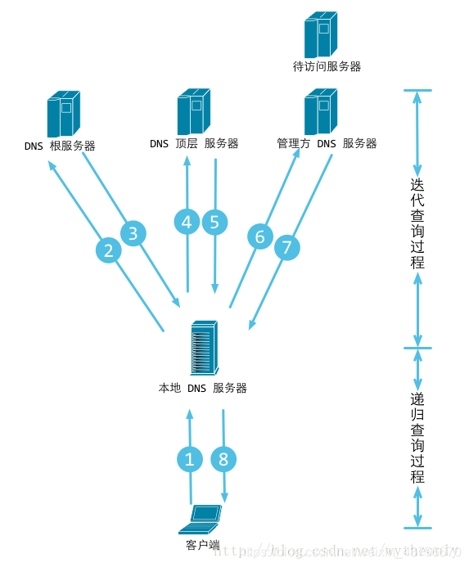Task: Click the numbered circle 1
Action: (x=189, y=460)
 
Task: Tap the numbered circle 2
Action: (x=107, y=249)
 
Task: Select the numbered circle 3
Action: (x=133, y=233)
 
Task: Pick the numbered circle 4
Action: (x=187, y=222)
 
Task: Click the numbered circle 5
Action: (x=214, y=222)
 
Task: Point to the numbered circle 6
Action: (x=260, y=237)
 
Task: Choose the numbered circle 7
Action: (x=286, y=249)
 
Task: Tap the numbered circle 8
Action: (x=223, y=460)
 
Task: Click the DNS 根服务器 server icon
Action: (x=63, y=114)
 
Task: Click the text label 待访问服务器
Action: (x=327, y=66)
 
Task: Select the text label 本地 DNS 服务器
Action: (x=202, y=388)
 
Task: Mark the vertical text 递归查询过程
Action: (x=417, y=437)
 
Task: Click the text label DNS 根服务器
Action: (x=60, y=146)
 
